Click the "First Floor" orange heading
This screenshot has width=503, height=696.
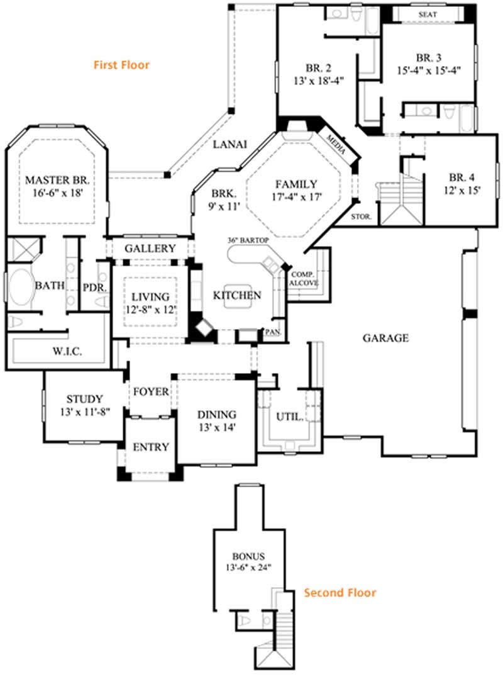[x=121, y=65]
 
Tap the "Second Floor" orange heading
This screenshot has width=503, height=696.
[x=340, y=592]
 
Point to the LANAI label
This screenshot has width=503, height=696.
[x=229, y=144]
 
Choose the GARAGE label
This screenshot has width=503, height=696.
[x=385, y=338]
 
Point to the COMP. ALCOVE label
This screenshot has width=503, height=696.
[x=303, y=279]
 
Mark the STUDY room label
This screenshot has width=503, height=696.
[x=84, y=398]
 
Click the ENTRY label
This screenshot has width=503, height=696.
[x=151, y=447]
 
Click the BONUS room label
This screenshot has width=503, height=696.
[x=248, y=556]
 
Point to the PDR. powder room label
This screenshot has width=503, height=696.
[x=94, y=287]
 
